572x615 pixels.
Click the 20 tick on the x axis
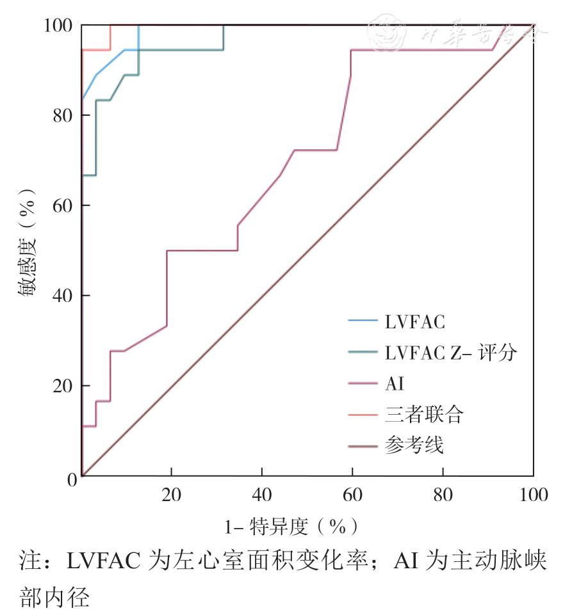click(171, 496)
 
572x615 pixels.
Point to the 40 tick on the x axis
click(262, 496)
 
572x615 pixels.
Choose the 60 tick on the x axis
click(352, 496)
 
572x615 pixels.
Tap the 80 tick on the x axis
click(443, 496)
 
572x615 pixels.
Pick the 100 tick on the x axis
click(533, 496)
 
